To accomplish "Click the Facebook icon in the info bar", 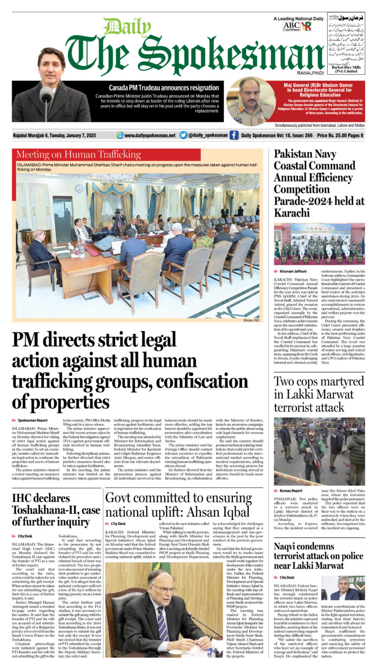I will (x=233, y=135).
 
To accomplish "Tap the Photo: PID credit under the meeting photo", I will (x=251, y=321).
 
